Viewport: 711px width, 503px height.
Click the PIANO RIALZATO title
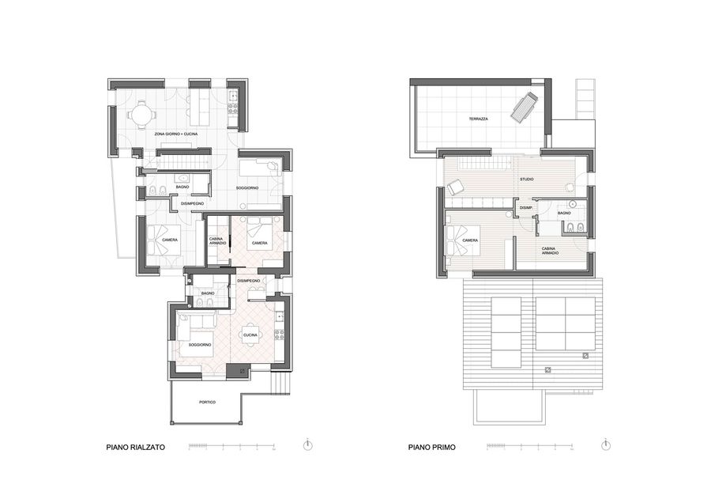tap(135, 447)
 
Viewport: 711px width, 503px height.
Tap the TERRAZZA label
tap(478, 119)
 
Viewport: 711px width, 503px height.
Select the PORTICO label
tap(207, 403)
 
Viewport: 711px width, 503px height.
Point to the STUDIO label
tap(526, 180)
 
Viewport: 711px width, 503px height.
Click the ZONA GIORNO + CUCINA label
tap(176, 134)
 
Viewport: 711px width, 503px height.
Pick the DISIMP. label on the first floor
tap(525, 208)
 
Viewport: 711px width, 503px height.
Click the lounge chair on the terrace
tap(523, 107)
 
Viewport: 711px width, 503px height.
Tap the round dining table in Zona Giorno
tap(141, 115)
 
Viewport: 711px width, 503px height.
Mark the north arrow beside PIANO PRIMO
tap(605, 445)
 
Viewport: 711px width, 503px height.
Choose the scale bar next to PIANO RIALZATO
tap(230, 447)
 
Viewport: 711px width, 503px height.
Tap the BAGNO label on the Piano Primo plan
tap(564, 213)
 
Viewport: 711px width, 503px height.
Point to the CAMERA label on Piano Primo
tap(470, 240)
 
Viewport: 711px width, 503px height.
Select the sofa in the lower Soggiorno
tap(196, 320)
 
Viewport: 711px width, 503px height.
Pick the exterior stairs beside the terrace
tap(585, 98)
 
